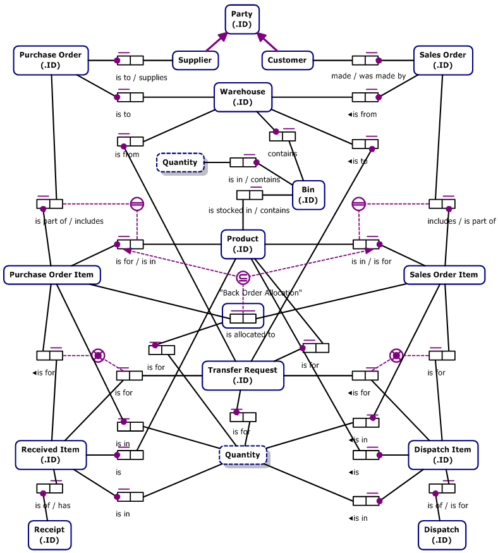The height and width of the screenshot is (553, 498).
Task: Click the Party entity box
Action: point(242,19)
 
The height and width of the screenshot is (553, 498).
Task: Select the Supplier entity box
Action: point(196,60)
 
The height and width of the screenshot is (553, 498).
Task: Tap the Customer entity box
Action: point(287,60)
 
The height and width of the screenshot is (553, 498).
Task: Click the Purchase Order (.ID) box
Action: point(51,60)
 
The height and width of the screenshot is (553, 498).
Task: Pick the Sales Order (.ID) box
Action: point(443,60)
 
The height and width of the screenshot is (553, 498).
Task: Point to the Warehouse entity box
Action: point(243,97)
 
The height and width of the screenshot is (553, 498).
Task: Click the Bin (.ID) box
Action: point(308,195)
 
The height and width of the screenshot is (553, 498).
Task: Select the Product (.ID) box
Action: point(243,244)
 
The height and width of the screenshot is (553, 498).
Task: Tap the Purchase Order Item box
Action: point(52,274)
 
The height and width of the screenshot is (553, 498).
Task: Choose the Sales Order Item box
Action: point(444,274)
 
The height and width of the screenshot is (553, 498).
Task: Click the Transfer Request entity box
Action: point(243,375)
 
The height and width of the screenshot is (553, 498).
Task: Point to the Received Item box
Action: point(51,454)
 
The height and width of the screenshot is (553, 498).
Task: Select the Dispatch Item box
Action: point(443,454)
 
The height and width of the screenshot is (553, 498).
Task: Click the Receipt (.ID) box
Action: point(49,535)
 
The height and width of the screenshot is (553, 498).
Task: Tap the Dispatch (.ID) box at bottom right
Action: point(442,535)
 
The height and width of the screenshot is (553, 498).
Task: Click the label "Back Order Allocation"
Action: point(261,293)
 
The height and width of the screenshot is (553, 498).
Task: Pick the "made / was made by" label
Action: point(368,76)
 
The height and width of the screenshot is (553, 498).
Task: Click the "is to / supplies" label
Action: point(142,77)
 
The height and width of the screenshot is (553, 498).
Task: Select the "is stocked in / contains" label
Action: point(249,210)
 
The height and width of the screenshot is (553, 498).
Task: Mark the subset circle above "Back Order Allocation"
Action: point(243,277)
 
